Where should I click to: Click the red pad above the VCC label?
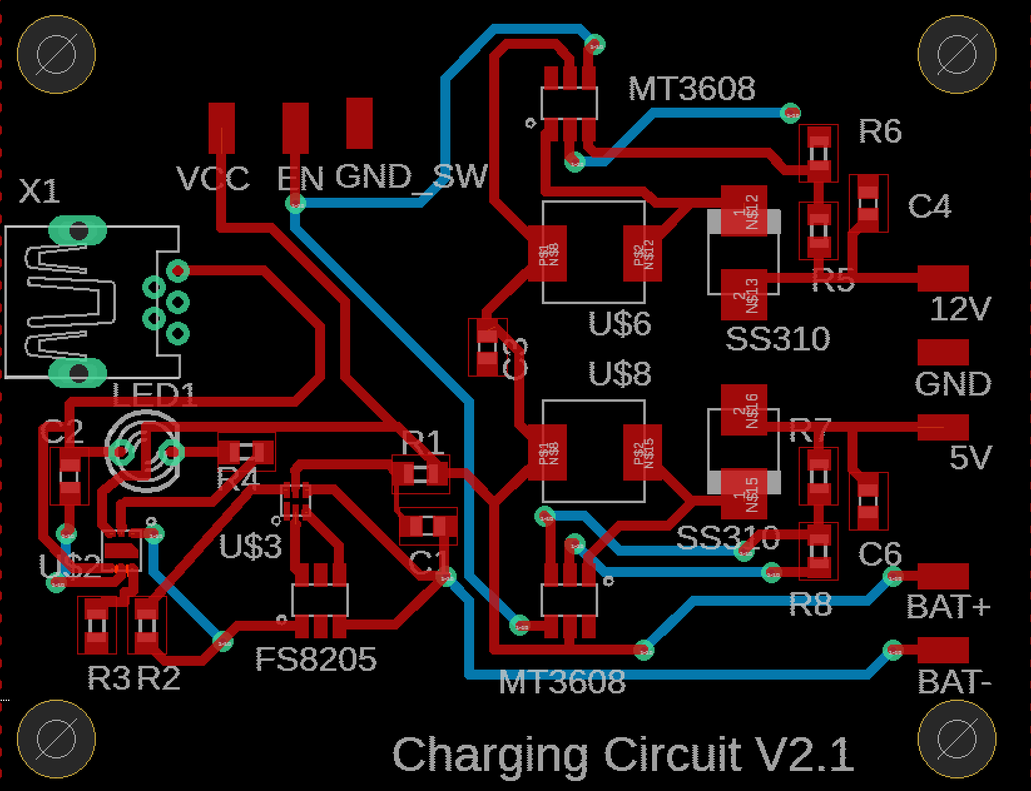[x=222, y=128]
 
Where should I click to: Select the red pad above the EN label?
[x=295, y=128]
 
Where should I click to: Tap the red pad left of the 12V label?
[x=943, y=278]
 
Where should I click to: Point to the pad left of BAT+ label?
[x=943, y=576]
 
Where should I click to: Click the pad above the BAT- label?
[x=943, y=650]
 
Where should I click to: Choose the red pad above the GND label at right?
[x=943, y=352]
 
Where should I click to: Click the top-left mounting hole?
[x=56, y=54]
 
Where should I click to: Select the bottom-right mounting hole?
[x=956, y=739]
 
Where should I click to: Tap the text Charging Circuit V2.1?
[x=623, y=755]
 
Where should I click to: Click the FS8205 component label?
[x=316, y=660]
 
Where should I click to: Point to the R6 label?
[x=879, y=131]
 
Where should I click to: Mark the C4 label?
[x=929, y=207]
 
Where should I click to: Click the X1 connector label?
[x=39, y=191]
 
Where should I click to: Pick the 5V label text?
[x=970, y=458]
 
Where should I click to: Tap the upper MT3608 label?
[x=692, y=89]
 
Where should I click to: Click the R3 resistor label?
[x=108, y=678]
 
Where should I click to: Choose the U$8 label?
[x=619, y=374]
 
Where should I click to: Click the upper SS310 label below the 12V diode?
[x=777, y=339]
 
